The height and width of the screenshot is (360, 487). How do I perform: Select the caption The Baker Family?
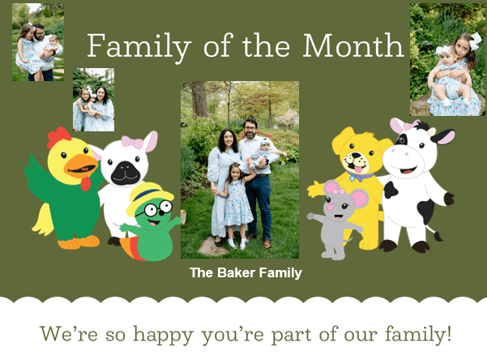pyautogui.click(x=246, y=273)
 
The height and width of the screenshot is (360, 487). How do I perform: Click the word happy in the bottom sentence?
pyautogui.click(x=164, y=333)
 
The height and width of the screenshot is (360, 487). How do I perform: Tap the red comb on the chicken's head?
pyautogui.click(x=58, y=137)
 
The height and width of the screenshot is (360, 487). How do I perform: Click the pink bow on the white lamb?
pyautogui.click(x=132, y=144)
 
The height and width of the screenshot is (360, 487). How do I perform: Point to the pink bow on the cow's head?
pyautogui.click(x=403, y=126)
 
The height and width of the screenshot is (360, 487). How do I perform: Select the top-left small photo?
pyautogui.click(x=37, y=41)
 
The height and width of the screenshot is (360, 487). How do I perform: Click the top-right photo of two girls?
pyautogui.click(x=447, y=59)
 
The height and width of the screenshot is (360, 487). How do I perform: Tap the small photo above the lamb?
pyautogui.click(x=93, y=100)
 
